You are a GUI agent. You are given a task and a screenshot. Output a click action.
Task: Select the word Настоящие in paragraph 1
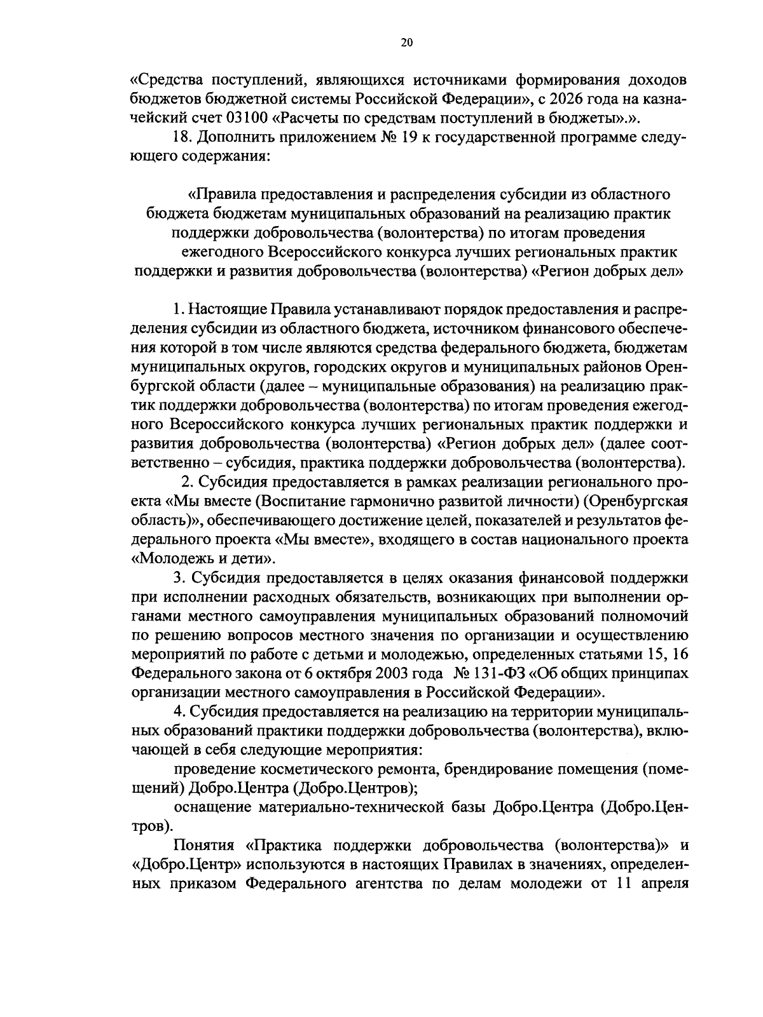(x=230, y=311)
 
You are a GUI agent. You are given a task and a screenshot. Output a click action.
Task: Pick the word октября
(x=327, y=673)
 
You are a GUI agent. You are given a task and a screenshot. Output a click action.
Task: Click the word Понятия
(x=204, y=846)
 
